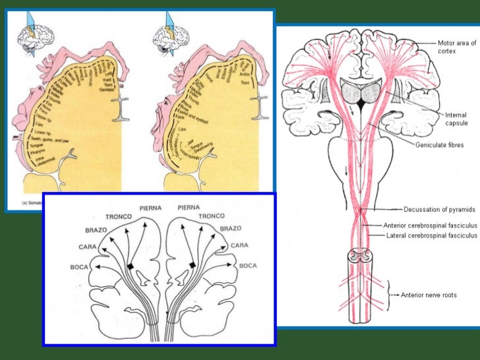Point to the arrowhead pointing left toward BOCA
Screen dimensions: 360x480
95,267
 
